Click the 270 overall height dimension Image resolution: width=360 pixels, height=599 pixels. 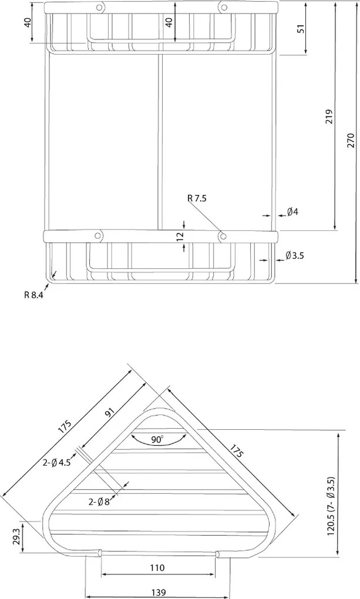[x=351, y=140]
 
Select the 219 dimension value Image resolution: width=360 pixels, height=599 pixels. [x=329, y=117]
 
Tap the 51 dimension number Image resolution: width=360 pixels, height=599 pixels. [x=301, y=29]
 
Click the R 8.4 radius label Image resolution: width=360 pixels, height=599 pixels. [x=33, y=295]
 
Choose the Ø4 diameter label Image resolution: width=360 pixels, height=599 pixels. [x=292, y=211]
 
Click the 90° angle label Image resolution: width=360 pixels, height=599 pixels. [x=157, y=440]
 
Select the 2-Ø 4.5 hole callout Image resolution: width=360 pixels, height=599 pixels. [x=56, y=463]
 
